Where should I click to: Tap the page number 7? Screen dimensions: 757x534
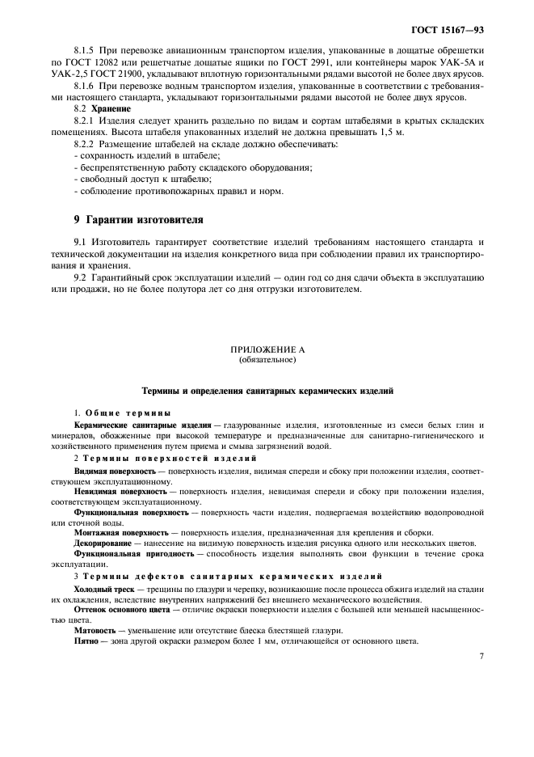click(x=481, y=657)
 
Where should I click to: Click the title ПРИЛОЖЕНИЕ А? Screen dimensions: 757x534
click(x=267, y=349)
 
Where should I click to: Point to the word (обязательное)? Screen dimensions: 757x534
click(x=267, y=359)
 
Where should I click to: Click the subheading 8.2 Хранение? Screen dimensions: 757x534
click(x=93, y=108)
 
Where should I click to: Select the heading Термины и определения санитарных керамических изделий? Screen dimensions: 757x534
click(x=267, y=391)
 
